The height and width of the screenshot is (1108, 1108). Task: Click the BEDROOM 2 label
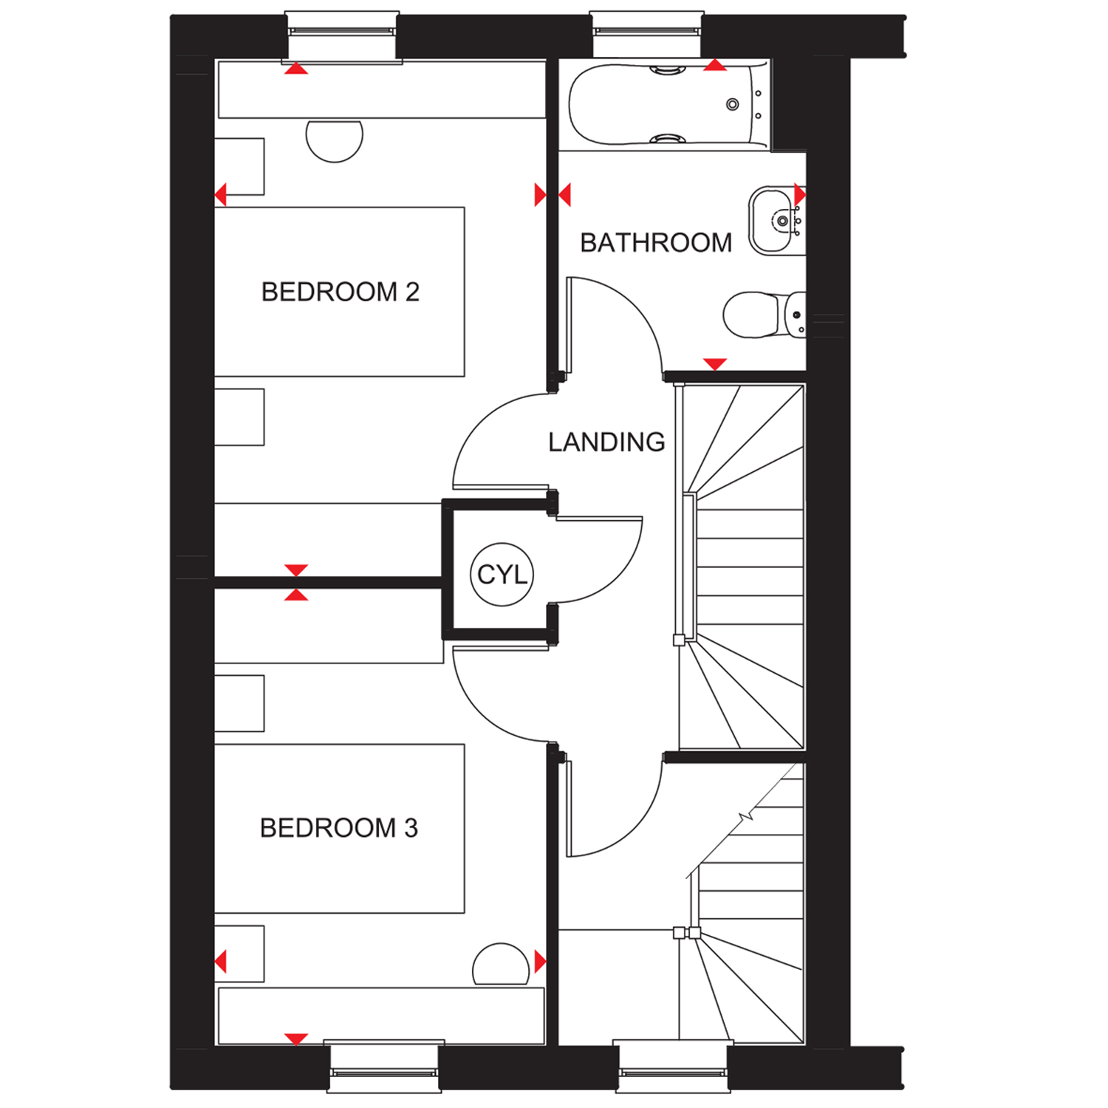(x=341, y=292)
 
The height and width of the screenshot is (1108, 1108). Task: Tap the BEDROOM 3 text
(x=339, y=828)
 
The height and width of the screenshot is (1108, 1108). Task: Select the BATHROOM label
(x=656, y=242)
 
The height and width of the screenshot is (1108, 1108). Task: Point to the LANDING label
(x=606, y=442)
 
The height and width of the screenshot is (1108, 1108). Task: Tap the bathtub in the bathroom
(x=668, y=104)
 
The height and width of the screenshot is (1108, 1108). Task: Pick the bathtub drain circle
(x=733, y=104)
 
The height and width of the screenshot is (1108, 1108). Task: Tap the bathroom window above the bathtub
(x=647, y=34)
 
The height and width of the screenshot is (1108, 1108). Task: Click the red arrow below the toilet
(x=715, y=363)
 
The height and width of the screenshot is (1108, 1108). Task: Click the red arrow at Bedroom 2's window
(x=296, y=68)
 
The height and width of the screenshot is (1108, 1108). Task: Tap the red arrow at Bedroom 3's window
(x=296, y=1039)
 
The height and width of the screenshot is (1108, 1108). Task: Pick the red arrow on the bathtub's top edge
(x=715, y=65)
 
